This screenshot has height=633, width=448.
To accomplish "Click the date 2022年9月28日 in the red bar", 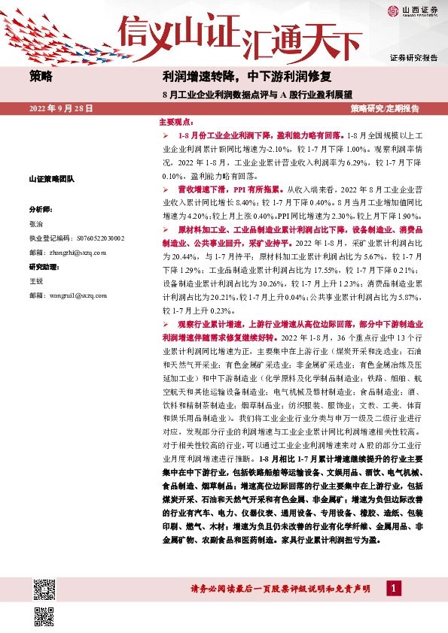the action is (61, 109).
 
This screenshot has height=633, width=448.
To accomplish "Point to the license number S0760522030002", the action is (76, 238).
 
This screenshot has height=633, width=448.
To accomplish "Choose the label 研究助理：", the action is (44, 267).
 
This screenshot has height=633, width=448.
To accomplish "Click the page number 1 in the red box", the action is (392, 587).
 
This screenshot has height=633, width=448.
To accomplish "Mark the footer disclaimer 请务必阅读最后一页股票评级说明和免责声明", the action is (279, 589).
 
